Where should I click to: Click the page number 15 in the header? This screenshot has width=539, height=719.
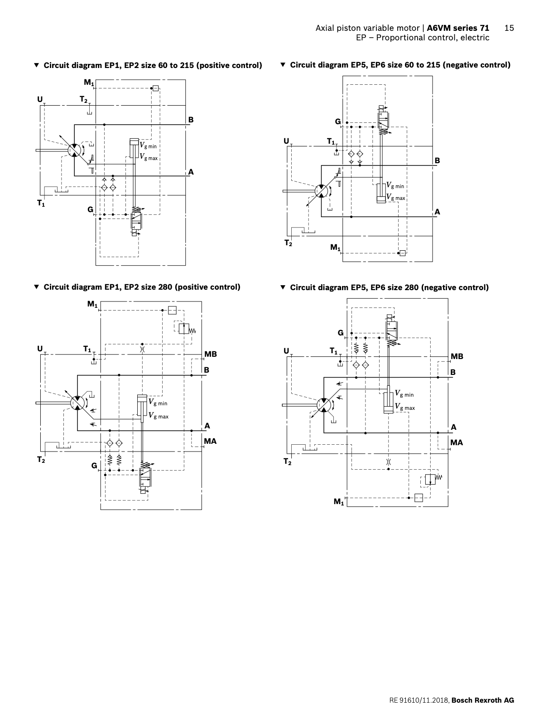point(509,28)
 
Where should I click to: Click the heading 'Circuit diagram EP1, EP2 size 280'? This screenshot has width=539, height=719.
point(141,287)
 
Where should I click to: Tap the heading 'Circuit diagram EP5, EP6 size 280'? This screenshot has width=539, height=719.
point(389,287)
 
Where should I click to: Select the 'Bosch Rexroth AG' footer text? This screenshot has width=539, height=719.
point(483,700)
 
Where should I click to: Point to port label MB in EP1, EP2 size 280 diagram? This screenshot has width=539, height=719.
point(210,354)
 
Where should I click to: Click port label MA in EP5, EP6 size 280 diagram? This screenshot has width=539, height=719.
point(457,442)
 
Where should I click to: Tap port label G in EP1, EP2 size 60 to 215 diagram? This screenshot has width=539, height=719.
point(91,209)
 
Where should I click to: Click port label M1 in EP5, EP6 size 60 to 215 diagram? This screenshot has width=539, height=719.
point(336,247)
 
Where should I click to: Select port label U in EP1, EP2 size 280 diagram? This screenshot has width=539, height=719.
point(40,349)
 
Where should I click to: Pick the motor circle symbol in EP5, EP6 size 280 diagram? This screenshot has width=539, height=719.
point(323,404)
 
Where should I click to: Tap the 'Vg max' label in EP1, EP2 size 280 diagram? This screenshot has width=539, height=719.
point(159,416)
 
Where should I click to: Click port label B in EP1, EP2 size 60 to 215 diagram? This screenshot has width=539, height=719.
point(191,120)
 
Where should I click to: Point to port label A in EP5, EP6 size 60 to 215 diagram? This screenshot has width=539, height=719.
point(437,212)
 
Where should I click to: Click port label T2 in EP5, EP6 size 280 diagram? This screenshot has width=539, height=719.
point(288,462)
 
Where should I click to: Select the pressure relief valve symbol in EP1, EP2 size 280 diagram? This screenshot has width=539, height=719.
point(184,329)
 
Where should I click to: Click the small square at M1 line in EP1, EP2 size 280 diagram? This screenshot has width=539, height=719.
point(172,310)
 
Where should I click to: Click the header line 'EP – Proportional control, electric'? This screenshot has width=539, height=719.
point(422,38)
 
